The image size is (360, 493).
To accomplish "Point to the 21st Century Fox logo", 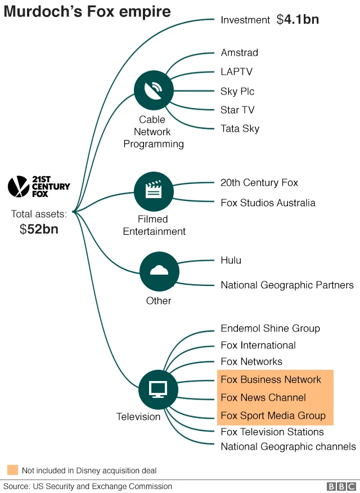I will [x=39, y=186].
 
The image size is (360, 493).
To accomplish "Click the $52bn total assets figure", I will [x=39, y=229].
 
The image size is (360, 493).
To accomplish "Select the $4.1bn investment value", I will [x=298, y=20].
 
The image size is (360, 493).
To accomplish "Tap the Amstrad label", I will [x=239, y=53].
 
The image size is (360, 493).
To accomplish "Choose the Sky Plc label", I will [x=237, y=91].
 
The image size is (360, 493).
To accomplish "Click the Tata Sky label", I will [x=240, y=128].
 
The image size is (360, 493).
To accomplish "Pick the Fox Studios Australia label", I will [x=268, y=203].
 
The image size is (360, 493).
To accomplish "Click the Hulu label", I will [x=231, y=260].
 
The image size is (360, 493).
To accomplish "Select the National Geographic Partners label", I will [x=287, y=285].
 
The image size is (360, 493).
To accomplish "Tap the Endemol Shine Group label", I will [x=270, y=328].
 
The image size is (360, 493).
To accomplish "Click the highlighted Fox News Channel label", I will [x=263, y=397].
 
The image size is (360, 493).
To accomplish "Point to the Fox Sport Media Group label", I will [x=273, y=416].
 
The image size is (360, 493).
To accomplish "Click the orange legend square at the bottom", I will [x=12, y=470].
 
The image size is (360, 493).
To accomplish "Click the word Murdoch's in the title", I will [x=46, y=11].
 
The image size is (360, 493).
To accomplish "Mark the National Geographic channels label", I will [x=288, y=446].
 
